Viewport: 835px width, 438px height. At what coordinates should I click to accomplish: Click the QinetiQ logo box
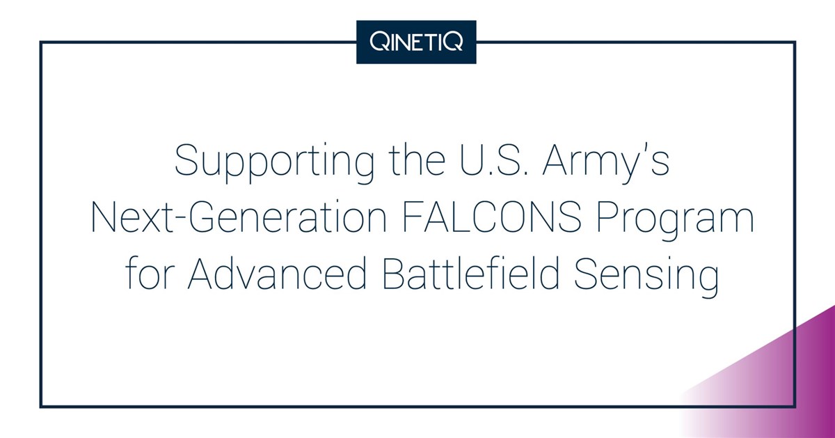[416, 42]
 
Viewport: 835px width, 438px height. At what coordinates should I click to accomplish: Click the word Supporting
[274, 163]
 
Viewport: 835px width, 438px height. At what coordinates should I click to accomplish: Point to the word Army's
[606, 163]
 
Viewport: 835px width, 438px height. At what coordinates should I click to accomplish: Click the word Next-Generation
[239, 219]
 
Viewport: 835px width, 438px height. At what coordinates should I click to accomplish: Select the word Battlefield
[471, 274]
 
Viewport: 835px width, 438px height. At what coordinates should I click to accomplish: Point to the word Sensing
[646, 278]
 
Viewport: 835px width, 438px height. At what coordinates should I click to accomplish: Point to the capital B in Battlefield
[394, 274]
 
